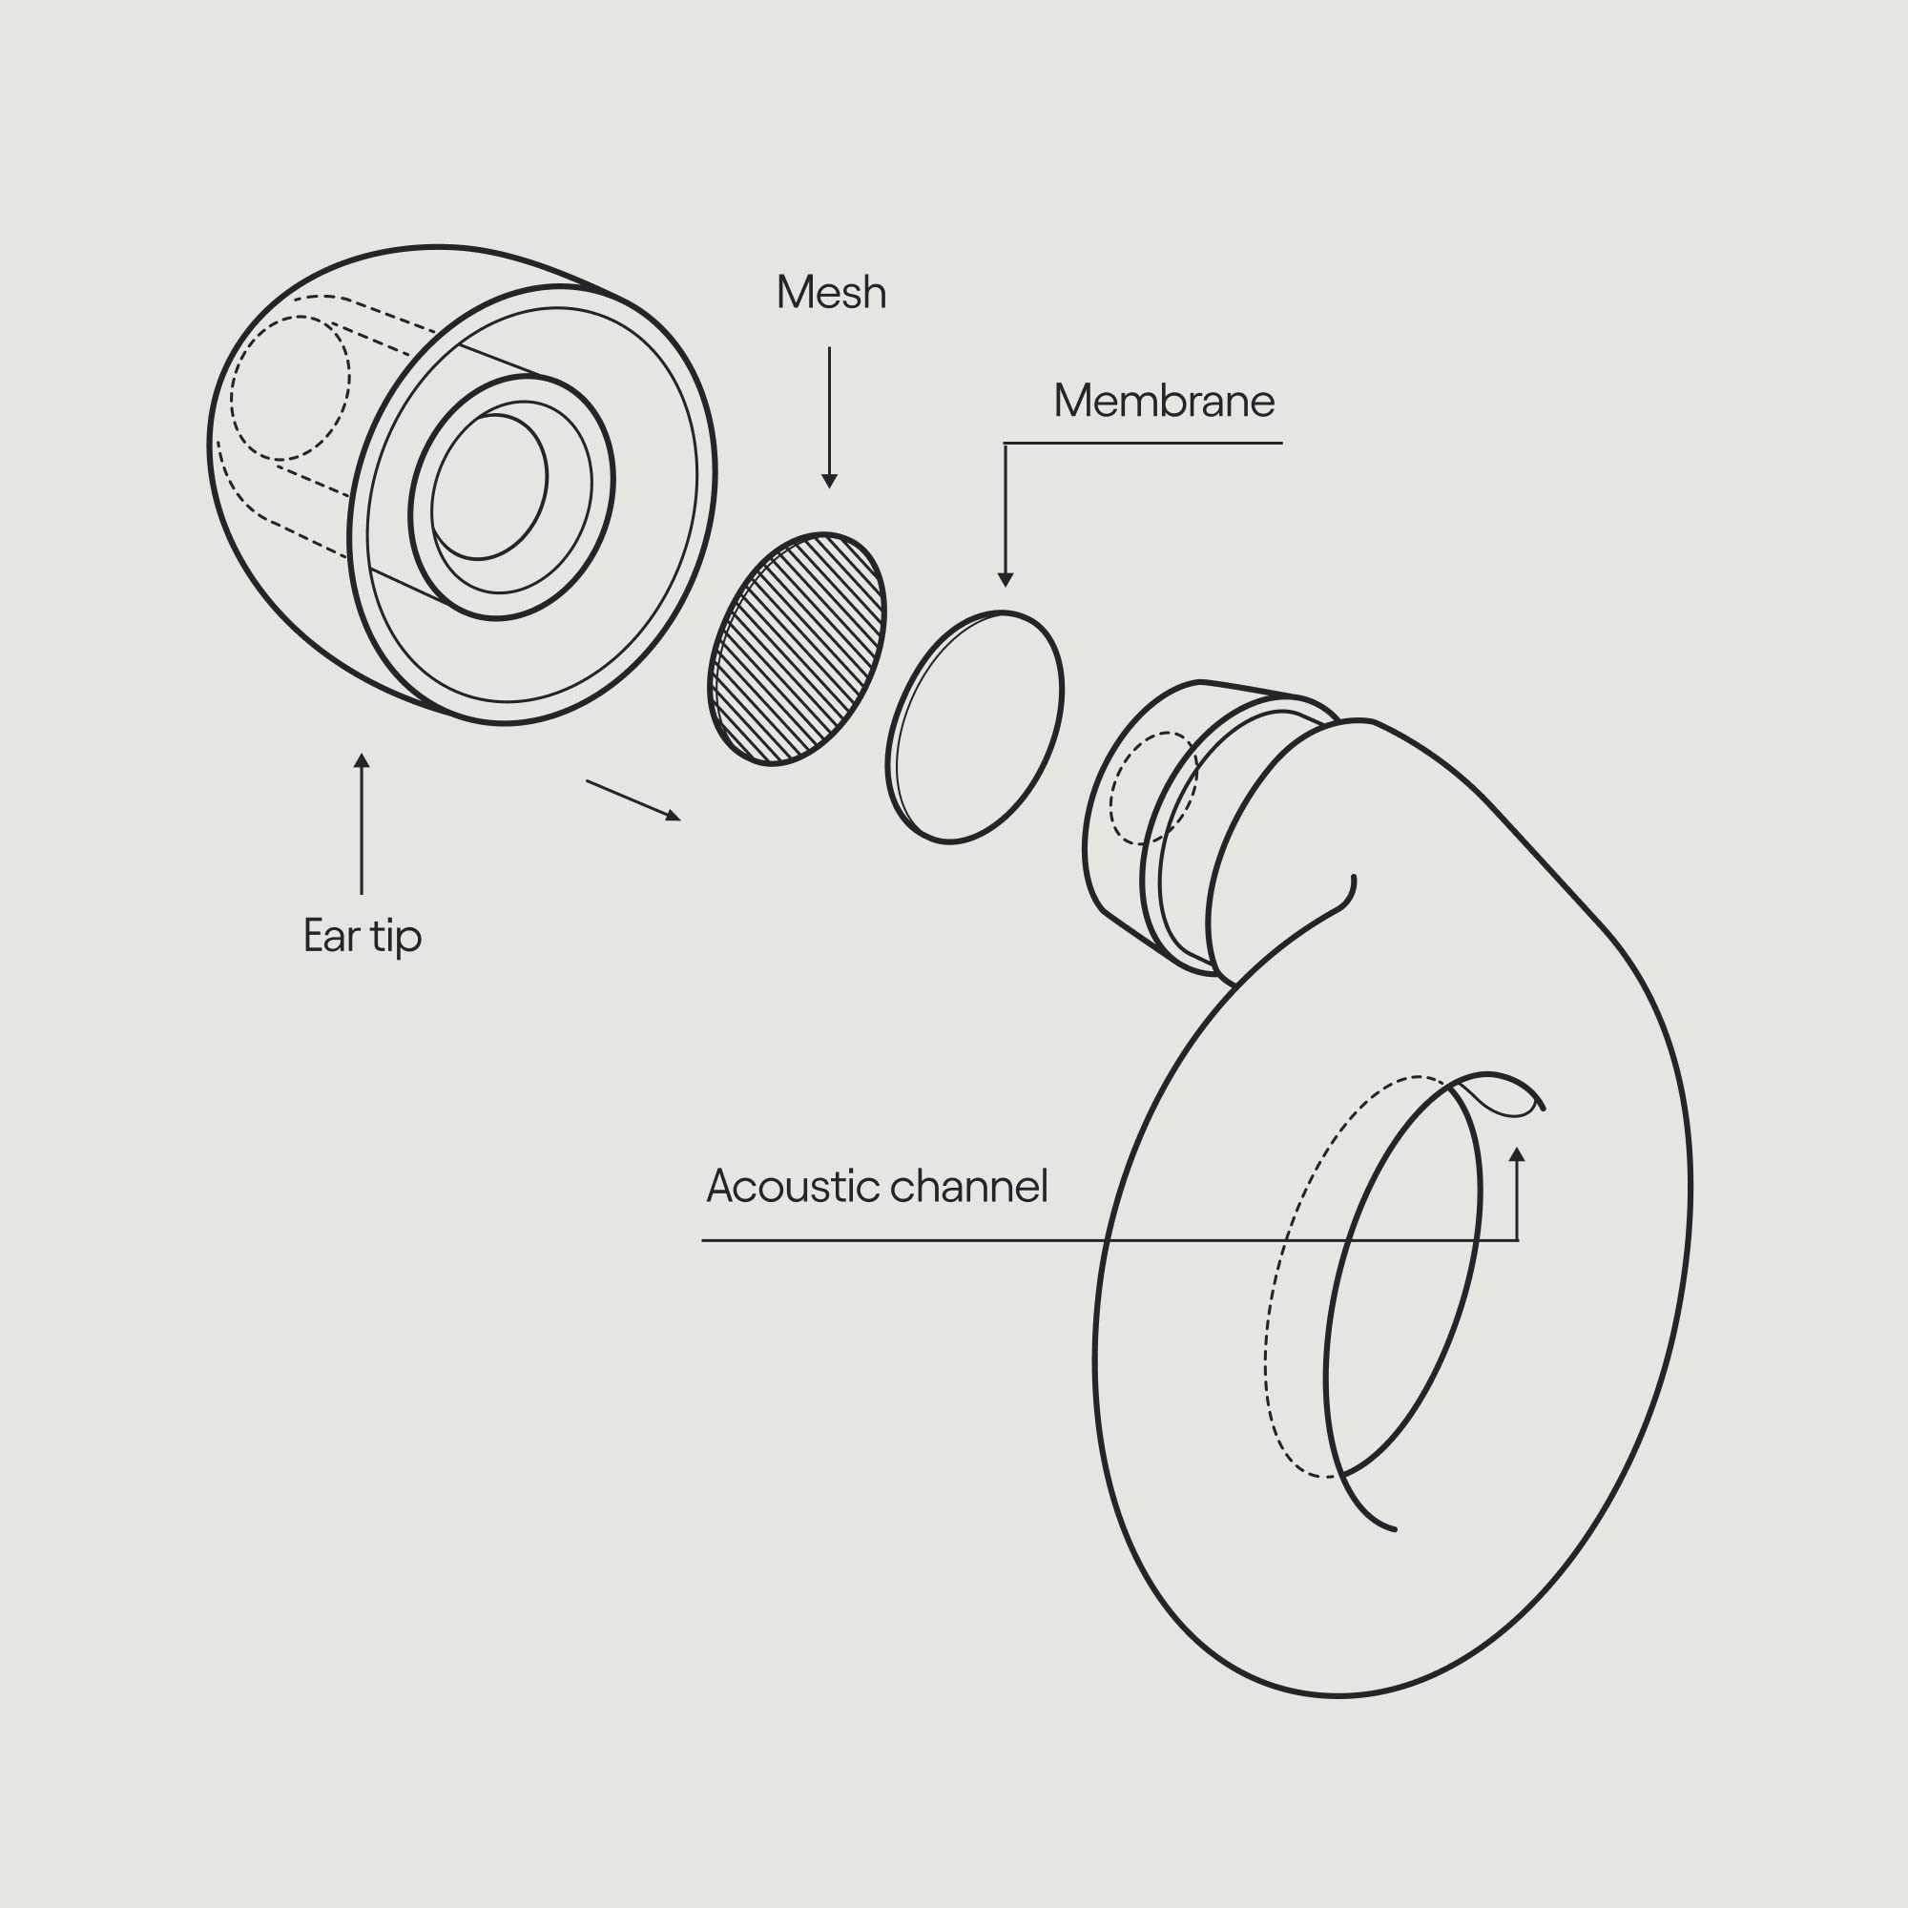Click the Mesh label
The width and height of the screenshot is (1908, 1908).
coord(831,292)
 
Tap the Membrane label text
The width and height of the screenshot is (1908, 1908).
coord(1163,401)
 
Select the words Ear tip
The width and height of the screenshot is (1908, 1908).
coord(363,935)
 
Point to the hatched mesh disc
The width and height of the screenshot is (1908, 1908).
coord(797,649)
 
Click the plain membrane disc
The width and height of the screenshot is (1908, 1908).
coord(975,727)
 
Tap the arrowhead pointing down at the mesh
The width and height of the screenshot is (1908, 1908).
coord(830,481)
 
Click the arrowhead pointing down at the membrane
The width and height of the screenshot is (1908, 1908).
coord(1006,580)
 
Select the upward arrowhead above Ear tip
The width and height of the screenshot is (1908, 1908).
coord(362,760)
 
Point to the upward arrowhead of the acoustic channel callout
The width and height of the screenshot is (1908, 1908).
coord(1517,1153)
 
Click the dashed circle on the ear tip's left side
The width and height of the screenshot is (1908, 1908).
coord(289,388)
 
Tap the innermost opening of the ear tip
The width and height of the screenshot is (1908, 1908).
coord(488,486)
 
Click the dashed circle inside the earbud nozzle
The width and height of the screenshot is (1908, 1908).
coord(1151,787)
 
